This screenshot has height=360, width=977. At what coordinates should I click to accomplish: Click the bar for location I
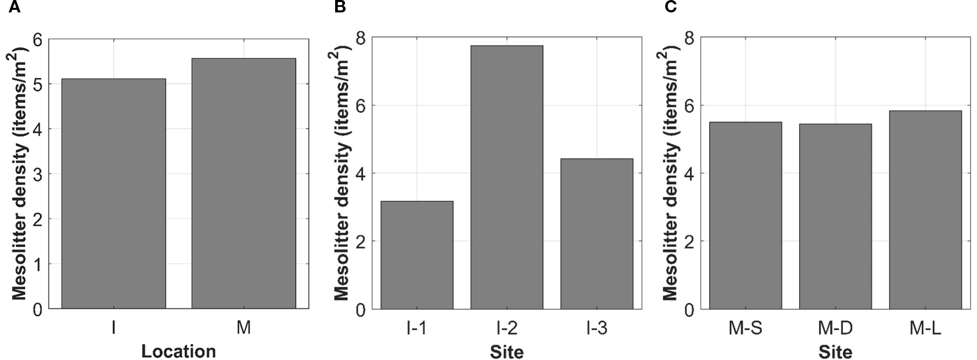click(x=113, y=193)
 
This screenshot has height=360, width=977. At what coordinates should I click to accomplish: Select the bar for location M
click(x=244, y=183)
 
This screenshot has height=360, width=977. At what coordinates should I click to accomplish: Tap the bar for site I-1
click(x=417, y=254)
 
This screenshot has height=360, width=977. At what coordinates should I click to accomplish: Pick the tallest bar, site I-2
click(x=507, y=177)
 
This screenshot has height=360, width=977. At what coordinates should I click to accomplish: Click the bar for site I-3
click(x=597, y=233)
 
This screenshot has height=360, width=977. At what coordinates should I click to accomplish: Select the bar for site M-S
click(x=745, y=215)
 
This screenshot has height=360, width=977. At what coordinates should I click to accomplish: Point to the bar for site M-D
click(x=835, y=216)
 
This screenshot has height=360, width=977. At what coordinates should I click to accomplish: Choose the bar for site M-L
click(x=925, y=209)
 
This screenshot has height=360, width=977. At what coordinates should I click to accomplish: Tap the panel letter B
click(x=340, y=7)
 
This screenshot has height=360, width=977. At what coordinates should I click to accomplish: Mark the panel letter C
click(x=670, y=7)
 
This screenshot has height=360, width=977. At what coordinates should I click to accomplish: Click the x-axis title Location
click(x=178, y=351)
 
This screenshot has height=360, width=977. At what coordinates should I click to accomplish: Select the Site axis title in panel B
click(x=507, y=352)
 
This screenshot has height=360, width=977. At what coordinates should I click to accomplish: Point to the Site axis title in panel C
click(x=835, y=352)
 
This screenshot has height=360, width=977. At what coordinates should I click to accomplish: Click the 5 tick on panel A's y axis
click(x=37, y=84)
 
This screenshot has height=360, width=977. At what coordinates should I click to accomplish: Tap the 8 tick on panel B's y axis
click(x=360, y=38)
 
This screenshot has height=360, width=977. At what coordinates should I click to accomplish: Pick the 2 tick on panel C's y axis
click(x=689, y=242)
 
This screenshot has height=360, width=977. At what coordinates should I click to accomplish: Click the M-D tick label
click(x=835, y=328)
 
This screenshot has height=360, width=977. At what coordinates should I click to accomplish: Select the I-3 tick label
click(x=597, y=328)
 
